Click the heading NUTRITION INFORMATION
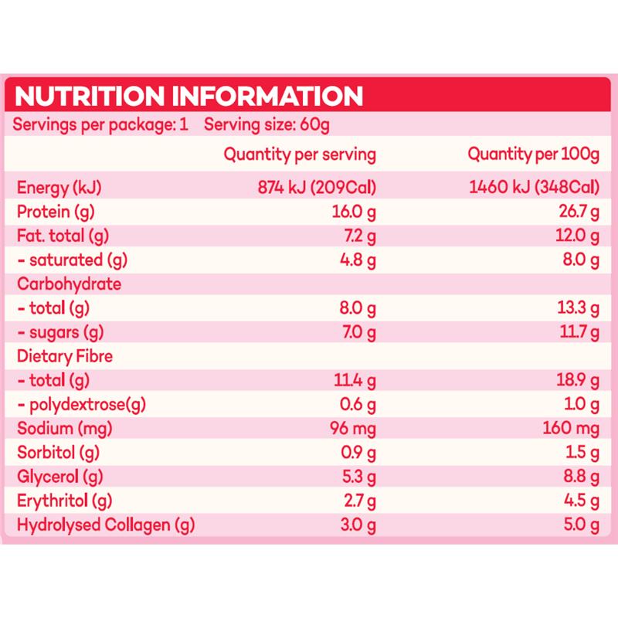pyautogui.click(x=189, y=97)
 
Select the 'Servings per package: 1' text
pyautogui.click(x=102, y=125)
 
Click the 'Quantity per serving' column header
pyautogui.click(x=300, y=154)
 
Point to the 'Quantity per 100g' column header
pyautogui.click(x=534, y=154)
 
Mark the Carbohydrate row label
pyautogui.click(x=70, y=284)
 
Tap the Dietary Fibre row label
pyautogui.click(x=66, y=356)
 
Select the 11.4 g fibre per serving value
pyautogui.click(x=354, y=381)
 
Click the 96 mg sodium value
pyautogui.click(x=352, y=430)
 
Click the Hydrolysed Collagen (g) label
pyautogui.click(x=106, y=526)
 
